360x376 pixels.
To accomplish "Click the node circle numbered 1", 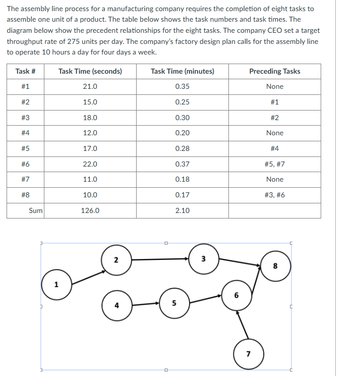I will click(x=56, y=284).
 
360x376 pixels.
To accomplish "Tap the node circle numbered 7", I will click(x=248, y=353).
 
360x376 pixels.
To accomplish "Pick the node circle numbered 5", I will click(x=174, y=303).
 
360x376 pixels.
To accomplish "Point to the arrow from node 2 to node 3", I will click(x=160, y=259).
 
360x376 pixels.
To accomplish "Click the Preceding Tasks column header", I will click(x=274, y=71).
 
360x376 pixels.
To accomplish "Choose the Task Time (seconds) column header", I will click(x=90, y=71).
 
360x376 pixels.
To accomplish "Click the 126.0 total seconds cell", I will click(x=90, y=210).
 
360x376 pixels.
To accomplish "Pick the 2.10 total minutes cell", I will click(x=182, y=210).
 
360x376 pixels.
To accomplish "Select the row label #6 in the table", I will click(x=25, y=164).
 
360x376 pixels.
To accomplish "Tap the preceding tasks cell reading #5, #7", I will click(x=274, y=164).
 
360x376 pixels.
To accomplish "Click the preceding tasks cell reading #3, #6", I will click(x=274, y=195).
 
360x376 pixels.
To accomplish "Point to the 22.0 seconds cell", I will click(x=90, y=164).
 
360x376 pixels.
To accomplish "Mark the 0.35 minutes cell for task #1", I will click(x=182, y=86).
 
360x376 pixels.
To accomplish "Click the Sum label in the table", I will click(x=35, y=210).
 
